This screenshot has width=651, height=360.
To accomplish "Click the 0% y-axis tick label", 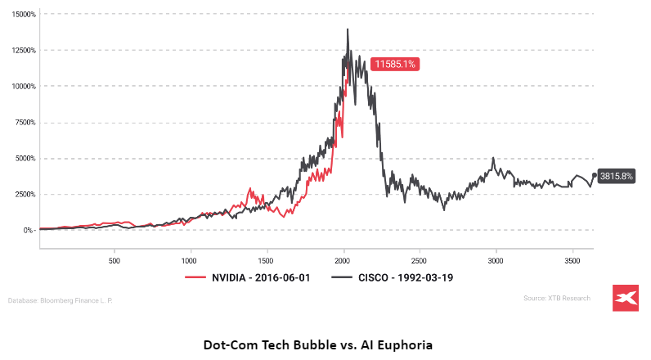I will [x=29, y=230].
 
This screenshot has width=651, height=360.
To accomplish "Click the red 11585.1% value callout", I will [x=396, y=64].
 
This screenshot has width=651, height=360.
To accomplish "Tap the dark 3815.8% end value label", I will [x=617, y=175].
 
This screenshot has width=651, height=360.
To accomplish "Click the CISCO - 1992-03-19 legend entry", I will [x=395, y=277].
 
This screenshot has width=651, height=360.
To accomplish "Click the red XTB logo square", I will [x=626, y=299].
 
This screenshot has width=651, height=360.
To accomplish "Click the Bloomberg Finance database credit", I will [x=61, y=301].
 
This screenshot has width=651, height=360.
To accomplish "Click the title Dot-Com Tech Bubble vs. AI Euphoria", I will [x=325, y=344].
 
